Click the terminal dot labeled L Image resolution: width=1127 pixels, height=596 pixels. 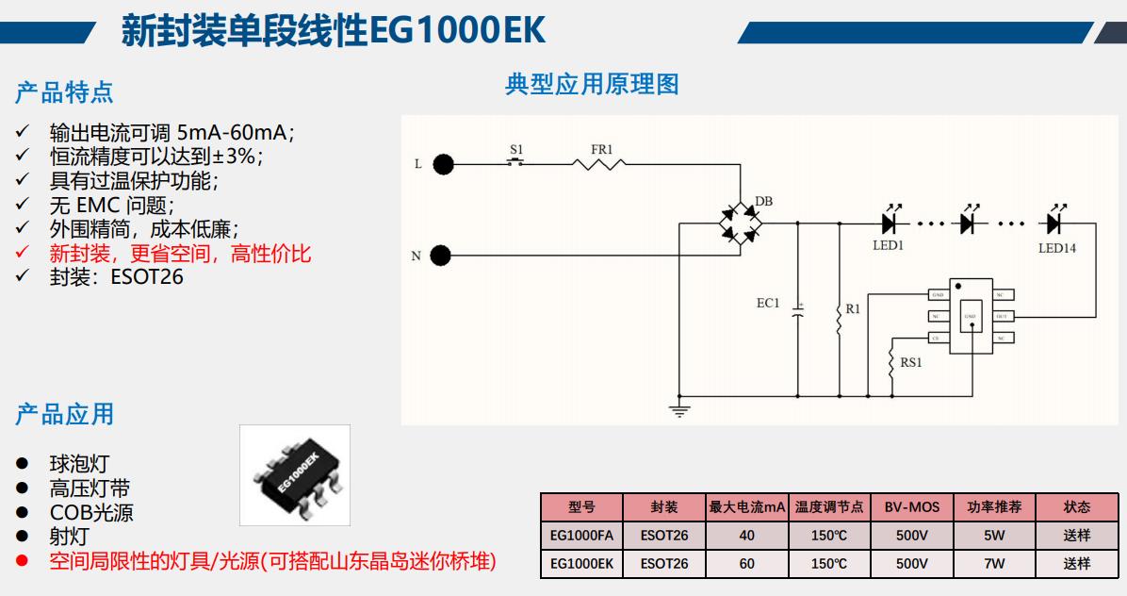click(x=443, y=164)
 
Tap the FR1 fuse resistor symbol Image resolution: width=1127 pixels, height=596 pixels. click(x=601, y=164)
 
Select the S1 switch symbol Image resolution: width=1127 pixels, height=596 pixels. click(x=515, y=163)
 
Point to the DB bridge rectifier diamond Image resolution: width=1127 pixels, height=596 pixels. click(x=741, y=223)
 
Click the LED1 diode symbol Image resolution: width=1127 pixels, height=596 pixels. click(x=888, y=223)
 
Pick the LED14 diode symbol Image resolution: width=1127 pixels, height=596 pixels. click(x=1054, y=223)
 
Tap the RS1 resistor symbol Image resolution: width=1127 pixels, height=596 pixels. click(x=890, y=365)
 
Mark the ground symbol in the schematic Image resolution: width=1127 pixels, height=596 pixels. click(x=679, y=408)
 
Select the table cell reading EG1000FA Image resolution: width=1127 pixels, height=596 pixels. click(x=581, y=536)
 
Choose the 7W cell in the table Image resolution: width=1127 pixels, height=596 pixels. click(x=994, y=563)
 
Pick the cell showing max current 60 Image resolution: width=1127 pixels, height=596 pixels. click(x=747, y=563)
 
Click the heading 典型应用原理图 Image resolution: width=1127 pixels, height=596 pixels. click(x=592, y=84)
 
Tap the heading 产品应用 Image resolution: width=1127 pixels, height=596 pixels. click(x=64, y=413)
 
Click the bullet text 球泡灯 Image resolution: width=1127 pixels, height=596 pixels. click(x=79, y=463)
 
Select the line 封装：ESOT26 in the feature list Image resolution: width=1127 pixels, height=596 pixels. click(x=116, y=277)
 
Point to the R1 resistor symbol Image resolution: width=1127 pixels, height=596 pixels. click(x=839, y=320)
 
